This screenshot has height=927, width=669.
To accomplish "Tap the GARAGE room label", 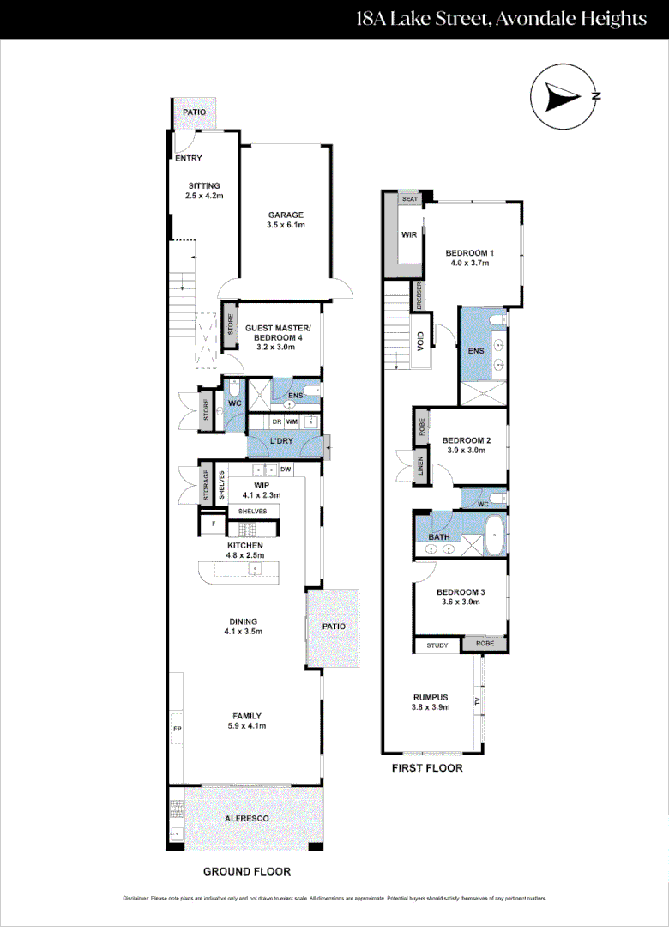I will coord(286,215).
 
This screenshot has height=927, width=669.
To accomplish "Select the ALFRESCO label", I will coord(246,819).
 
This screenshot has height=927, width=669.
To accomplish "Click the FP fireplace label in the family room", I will coord(178,729).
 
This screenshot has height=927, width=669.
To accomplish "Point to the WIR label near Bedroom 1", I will coord(408,233).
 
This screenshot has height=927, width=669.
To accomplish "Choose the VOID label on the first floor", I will coord(420,342).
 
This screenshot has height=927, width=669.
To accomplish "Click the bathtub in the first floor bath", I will coord(496,536).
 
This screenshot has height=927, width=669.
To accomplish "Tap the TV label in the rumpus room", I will coord(478,702).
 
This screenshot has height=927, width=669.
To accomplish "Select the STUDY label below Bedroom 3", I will coord(437,645).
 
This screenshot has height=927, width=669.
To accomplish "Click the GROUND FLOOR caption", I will coord(246,871).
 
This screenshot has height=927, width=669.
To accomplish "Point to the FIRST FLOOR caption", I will coord(426,768).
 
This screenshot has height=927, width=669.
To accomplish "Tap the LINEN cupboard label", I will coord(421,466).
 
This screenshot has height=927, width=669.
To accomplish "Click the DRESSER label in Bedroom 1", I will coord(419,295).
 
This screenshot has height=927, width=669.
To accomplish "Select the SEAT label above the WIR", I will coord(409,198).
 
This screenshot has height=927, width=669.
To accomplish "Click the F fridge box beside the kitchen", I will coord(212,523).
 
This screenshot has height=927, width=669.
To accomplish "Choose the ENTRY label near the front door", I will coord(188,159).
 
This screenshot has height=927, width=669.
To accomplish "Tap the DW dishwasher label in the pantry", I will coord(286,470).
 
